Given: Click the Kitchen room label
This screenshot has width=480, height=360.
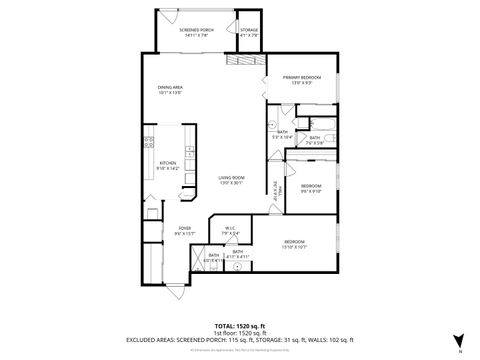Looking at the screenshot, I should [168, 166].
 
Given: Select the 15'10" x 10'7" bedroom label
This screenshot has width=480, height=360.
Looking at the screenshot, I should [294, 243].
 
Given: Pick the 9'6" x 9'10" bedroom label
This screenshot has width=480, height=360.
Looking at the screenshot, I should [311, 187].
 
